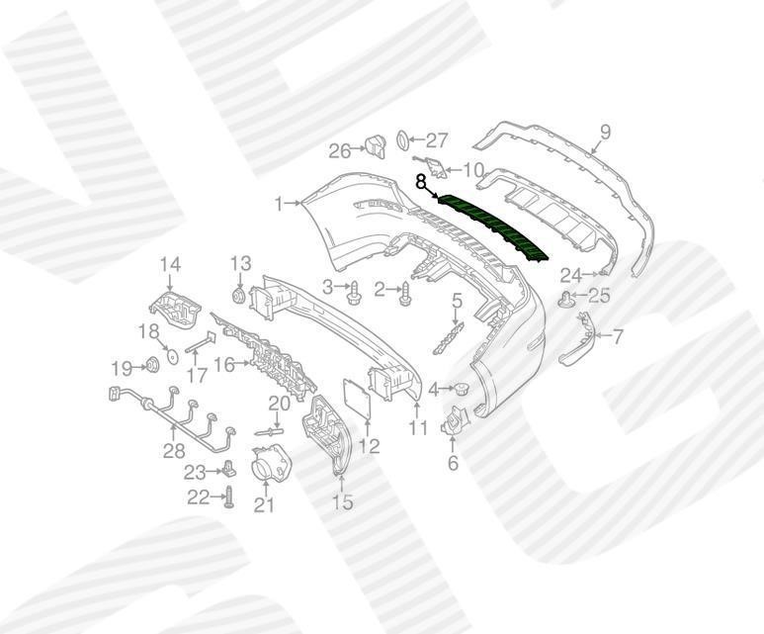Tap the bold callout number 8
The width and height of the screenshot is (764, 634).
pos(420,182)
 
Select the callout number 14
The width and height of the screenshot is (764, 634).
pos(171,265)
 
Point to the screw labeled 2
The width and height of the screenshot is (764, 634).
pos(406,295)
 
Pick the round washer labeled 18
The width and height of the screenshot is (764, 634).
pos(171,356)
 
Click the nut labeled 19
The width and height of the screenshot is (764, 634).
pos(152,364)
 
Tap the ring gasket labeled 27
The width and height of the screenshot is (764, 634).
pos(403,140)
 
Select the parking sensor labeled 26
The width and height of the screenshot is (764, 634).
pos(376,146)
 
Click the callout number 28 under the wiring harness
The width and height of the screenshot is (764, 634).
pos(174,451)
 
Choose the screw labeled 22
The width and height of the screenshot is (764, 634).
pos(228,498)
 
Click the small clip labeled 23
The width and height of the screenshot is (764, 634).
pos(229,470)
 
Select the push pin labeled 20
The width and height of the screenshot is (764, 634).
pos(269,431)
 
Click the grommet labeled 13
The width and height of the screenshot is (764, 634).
pos(239,296)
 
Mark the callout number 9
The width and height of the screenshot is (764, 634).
pos(605,133)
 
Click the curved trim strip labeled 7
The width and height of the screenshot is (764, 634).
pos(579,341)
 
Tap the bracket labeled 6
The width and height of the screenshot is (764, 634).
pos(454,419)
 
